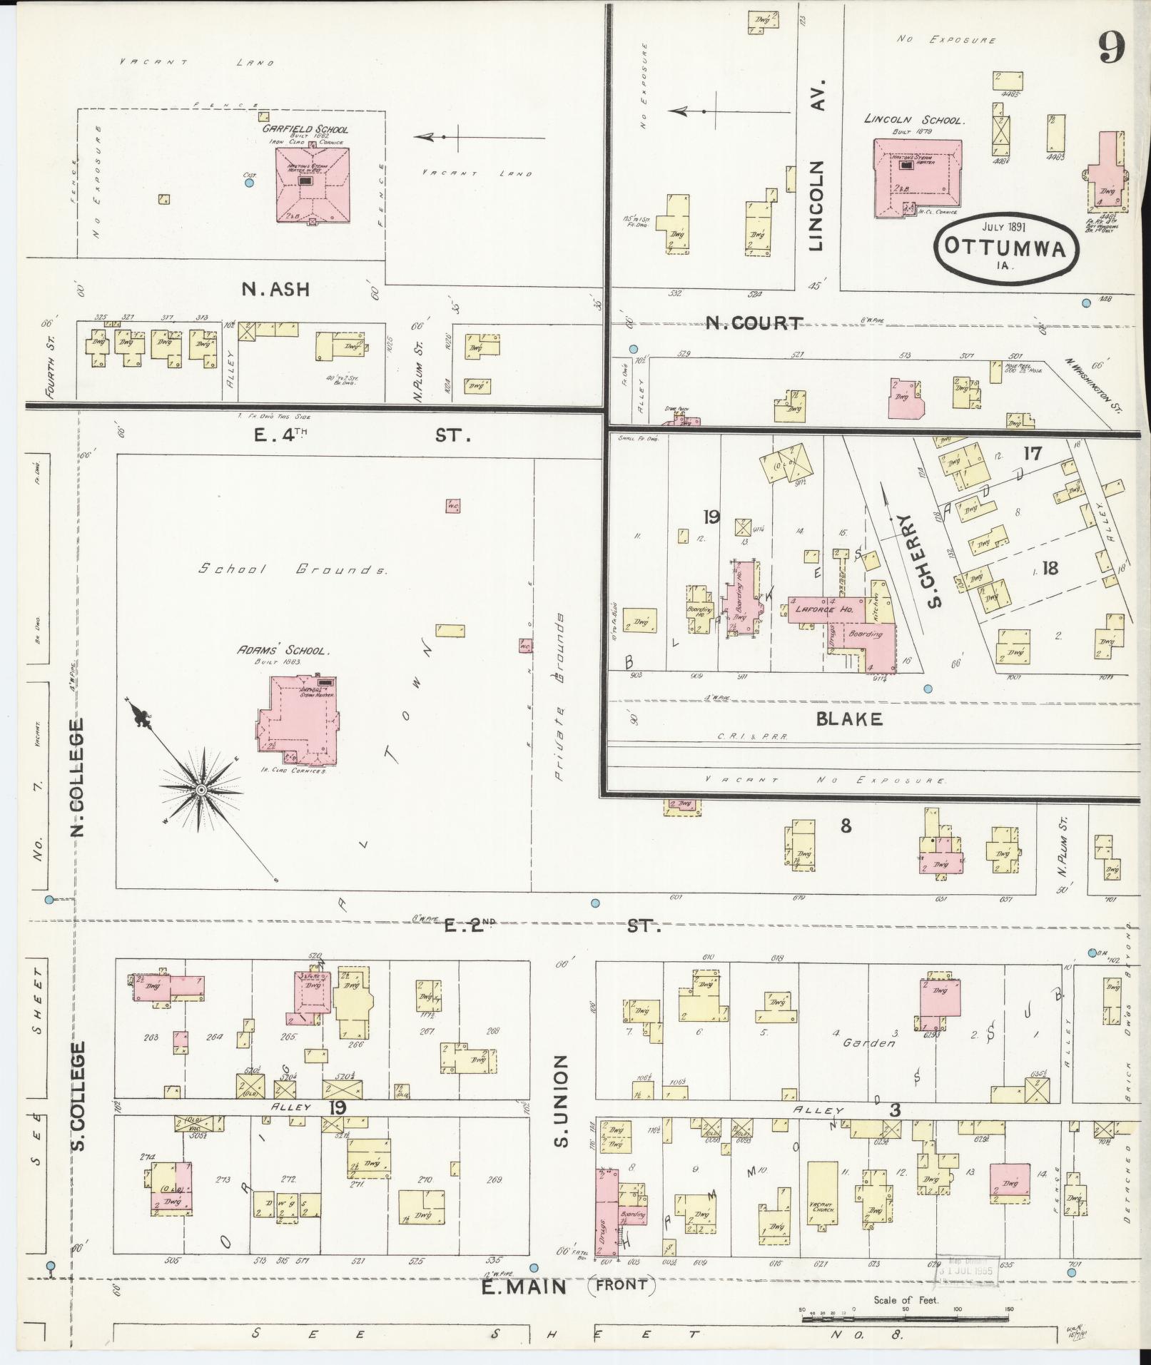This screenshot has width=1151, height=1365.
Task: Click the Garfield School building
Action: pos(313,185)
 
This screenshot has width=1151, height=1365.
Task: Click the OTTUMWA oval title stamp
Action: pos(1005,247)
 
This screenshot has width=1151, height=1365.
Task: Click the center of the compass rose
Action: pos(201,791)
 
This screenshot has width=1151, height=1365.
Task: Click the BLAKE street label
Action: pos(849,719)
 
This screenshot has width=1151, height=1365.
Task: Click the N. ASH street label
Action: pos(275,289)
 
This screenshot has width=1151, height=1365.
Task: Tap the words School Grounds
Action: pos(293,569)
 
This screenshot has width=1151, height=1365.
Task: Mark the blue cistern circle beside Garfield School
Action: pos(249,183)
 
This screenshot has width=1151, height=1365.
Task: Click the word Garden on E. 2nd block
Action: pos(868,1042)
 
